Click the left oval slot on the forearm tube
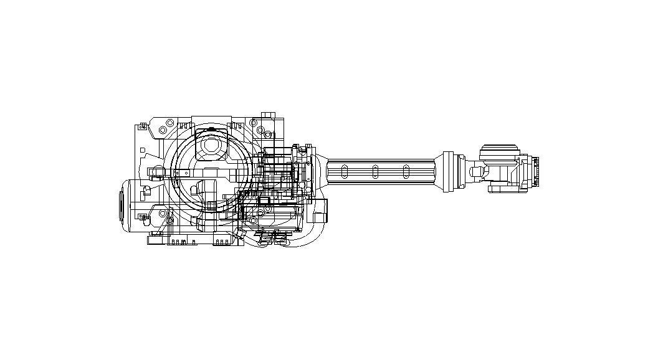345,171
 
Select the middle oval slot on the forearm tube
375,171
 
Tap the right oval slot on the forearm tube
406,171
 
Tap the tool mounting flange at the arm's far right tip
535,172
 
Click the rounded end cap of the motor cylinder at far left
122,205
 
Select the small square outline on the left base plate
143,150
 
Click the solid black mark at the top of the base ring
211,129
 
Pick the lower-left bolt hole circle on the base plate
163,214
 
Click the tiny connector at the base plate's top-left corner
143,126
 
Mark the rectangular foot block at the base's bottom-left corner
156,240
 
